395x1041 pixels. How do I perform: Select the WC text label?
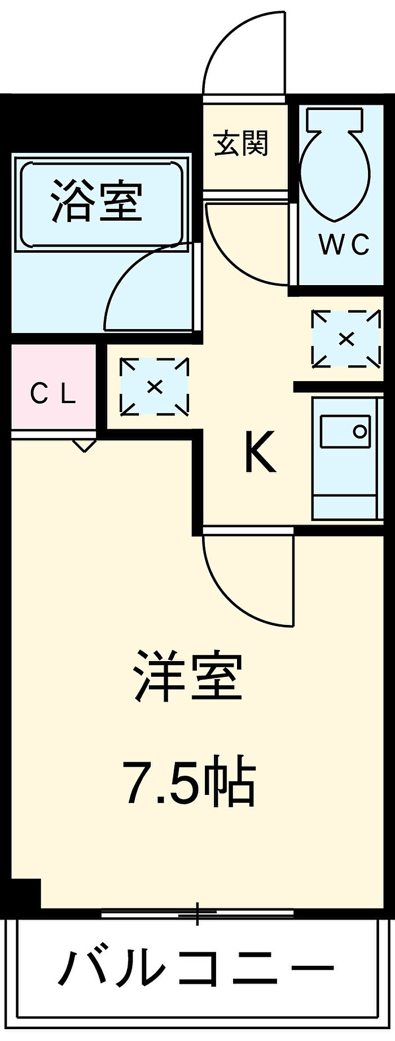(344, 244)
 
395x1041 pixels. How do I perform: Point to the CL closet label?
(52, 393)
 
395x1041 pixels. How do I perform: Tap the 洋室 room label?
(188, 676)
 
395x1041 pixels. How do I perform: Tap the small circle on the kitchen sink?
(359, 432)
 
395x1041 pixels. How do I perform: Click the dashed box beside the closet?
(154, 387)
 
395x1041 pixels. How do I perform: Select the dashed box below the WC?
(346, 339)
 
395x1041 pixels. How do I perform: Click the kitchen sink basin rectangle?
(345, 432)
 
